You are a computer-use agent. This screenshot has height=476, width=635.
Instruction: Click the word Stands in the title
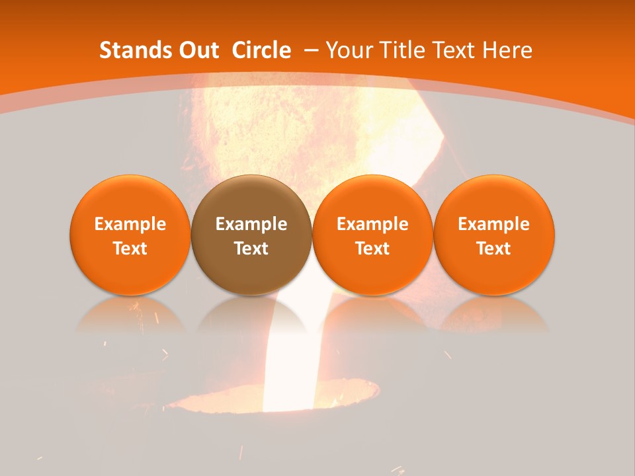pyautogui.click(x=135, y=50)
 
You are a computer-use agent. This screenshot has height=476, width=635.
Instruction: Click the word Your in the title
pyautogui.click(x=348, y=50)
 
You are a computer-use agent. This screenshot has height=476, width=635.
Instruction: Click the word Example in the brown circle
pyautogui.click(x=251, y=224)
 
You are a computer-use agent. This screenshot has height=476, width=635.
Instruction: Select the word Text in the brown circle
pyautogui.click(x=251, y=249)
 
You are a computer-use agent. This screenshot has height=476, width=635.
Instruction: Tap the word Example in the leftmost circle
pyautogui.click(x=130, y=224)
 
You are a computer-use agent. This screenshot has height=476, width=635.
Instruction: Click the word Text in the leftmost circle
pyautogui.click(x=130, y=249)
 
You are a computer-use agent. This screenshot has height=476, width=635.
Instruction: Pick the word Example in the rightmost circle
pyautogui.click(x=493, y=224)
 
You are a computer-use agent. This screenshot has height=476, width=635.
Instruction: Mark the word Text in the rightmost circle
pyautogui.click(x=493, y=249)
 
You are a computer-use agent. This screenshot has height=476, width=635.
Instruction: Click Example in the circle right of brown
pyautogui.click(x=372, y=224)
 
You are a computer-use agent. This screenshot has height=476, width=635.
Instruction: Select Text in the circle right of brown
pyautogui.click(x=372, y=249)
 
